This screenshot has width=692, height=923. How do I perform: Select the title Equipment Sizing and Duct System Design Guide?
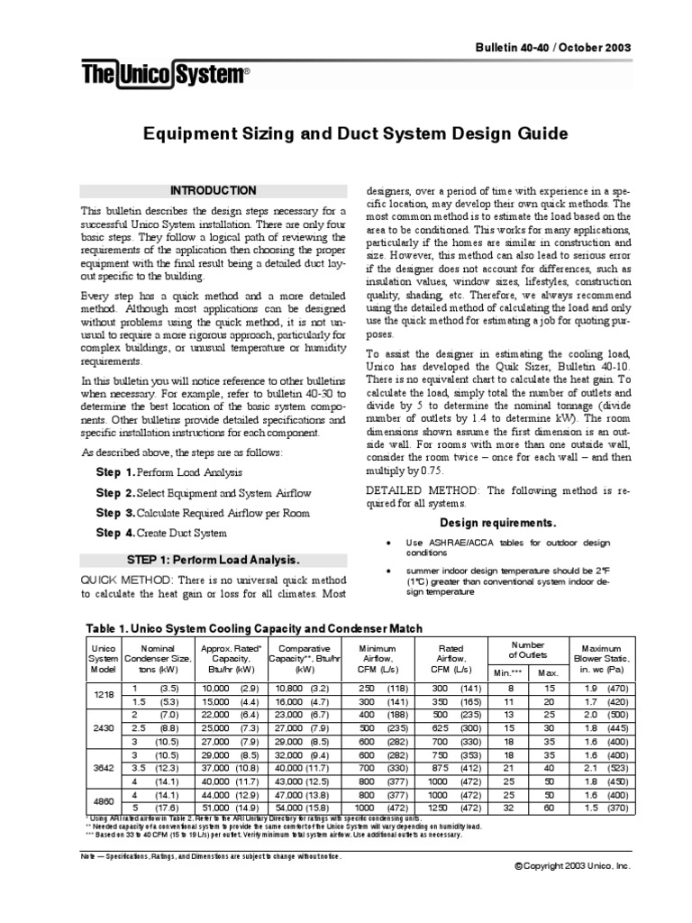(357, 134)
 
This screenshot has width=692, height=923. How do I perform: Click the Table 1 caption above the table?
(253, 627)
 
